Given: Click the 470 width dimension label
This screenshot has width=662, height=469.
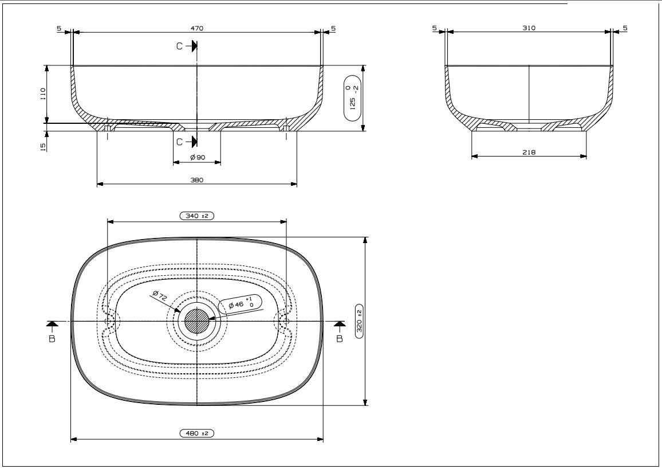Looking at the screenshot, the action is [x=197, y=28].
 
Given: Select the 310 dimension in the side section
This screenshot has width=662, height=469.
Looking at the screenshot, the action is [x=529, y=28].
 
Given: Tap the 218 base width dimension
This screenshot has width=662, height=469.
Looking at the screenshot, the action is [x=529, y=152].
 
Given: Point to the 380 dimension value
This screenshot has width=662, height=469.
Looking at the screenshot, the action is [x=197, y=180].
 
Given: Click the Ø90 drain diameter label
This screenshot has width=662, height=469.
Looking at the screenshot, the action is [x=198, y=157].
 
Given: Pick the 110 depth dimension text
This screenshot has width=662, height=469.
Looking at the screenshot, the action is [x=42, y=94].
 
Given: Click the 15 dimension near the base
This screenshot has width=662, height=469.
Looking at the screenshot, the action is [x=42, y=147].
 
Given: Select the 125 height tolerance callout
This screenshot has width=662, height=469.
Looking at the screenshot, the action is [x=353, y=98].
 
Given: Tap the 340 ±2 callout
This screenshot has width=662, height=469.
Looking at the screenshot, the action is [x=197, y=216].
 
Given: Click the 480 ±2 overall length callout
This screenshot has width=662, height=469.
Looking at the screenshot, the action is [x=197, y=433].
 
